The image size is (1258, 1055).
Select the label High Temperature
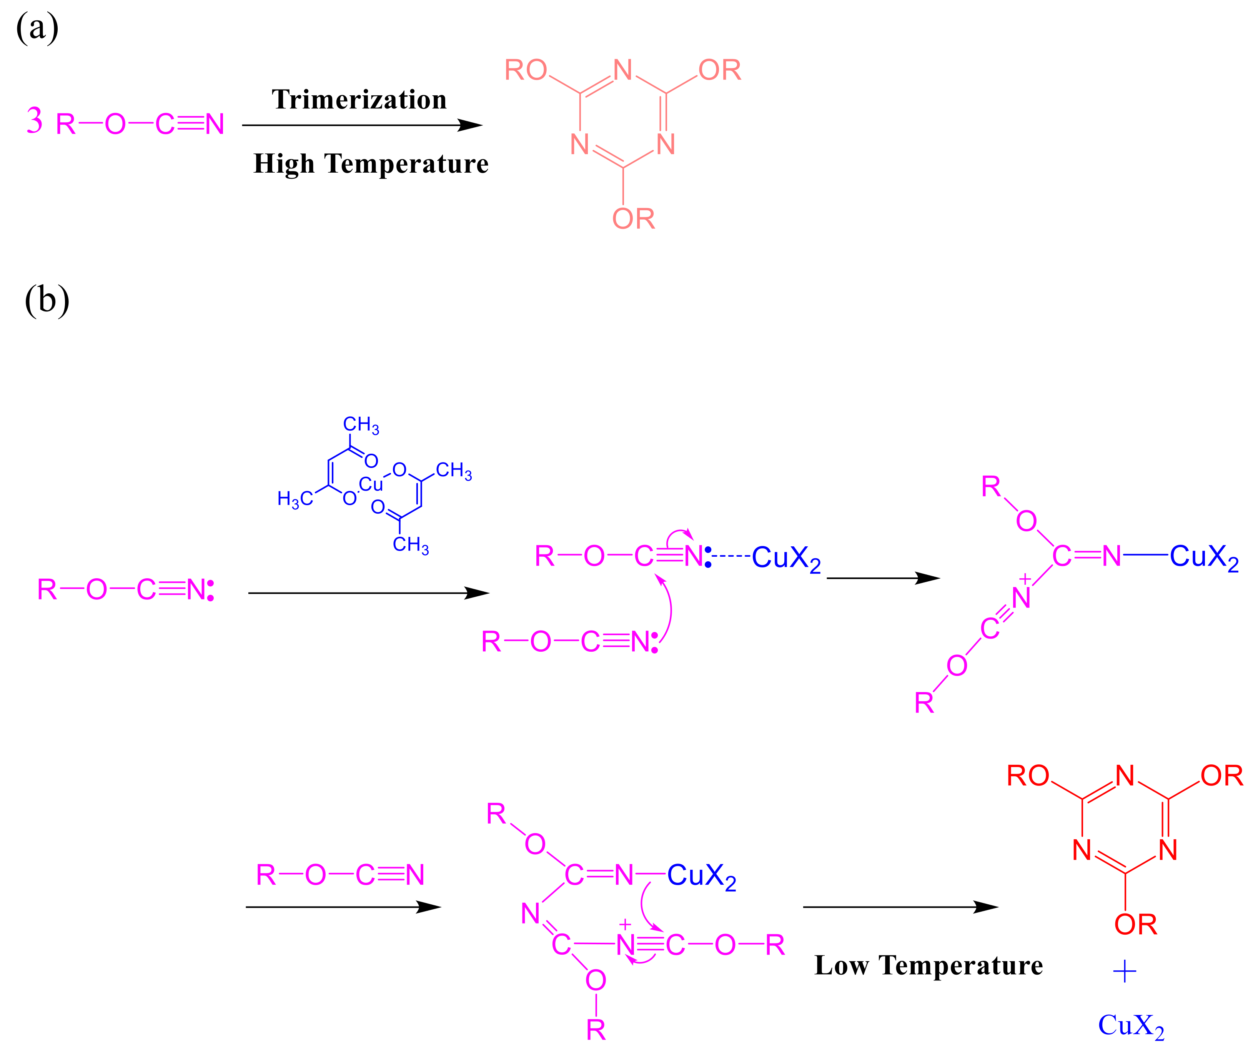371,163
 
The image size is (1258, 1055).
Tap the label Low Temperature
929,965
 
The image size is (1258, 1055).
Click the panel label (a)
37,28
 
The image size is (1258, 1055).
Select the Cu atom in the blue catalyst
371,484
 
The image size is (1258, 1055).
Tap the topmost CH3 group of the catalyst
361,425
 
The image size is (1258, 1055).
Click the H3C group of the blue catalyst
295,498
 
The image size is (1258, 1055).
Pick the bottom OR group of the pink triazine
633,219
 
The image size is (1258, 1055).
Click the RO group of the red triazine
1028,776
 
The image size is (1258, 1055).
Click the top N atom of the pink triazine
623,70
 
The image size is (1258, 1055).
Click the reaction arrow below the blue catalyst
368,593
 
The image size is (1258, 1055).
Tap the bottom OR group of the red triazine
1136,924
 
